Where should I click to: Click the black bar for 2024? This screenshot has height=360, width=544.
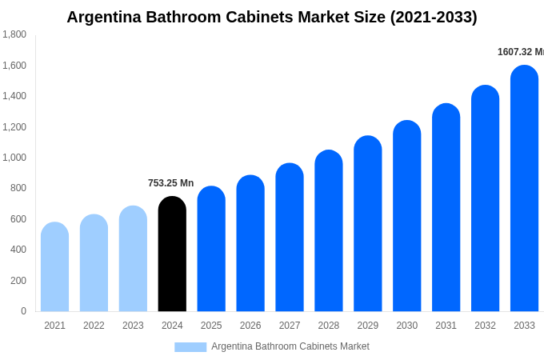click(172, 254)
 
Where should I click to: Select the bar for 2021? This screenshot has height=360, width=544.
click(54, 267)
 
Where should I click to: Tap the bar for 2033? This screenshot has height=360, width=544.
click(524, 189)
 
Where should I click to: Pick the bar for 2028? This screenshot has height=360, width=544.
click(329, 231)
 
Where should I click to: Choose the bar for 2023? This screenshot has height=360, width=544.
click(133, 259)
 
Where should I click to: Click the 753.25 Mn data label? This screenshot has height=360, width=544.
click(170, 183)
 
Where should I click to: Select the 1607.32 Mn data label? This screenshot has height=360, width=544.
click(520, 52)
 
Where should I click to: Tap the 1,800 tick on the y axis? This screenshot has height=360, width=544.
click(14, 34)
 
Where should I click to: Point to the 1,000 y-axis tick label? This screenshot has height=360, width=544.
click(14, 158)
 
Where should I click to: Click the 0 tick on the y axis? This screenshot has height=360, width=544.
click(23, 311)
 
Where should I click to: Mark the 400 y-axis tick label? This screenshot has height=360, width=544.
click(18, 250)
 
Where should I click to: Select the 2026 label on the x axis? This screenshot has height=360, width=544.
click(250, 326)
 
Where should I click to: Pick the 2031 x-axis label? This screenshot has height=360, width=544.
click(446, 326)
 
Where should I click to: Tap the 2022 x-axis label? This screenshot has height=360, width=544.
click(94, 326)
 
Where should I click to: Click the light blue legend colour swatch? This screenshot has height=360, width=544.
click(190, 347)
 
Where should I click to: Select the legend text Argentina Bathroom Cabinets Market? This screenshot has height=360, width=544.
click(290, 346)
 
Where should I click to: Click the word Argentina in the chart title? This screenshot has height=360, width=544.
click(102, 17)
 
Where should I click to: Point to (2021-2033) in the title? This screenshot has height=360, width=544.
click(434, 17)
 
